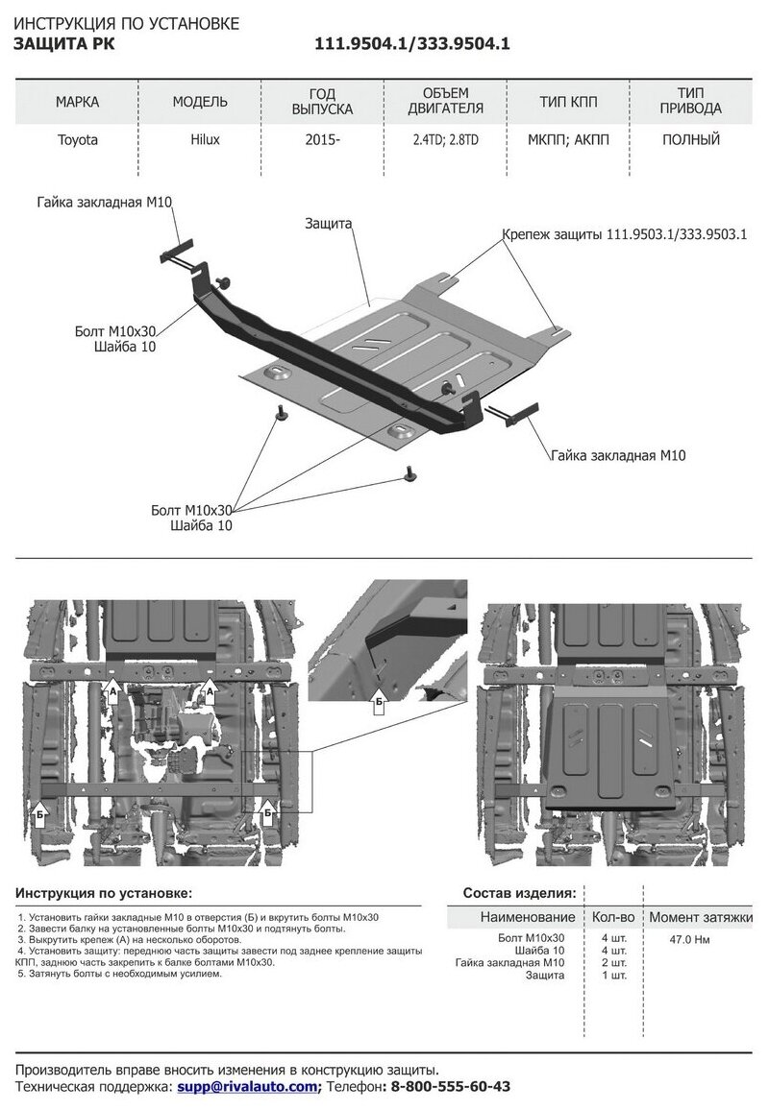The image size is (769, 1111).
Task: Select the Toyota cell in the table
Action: (77, 140)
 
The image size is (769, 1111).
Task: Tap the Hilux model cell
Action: (204, 140)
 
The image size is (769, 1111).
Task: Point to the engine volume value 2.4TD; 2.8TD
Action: (445, 140)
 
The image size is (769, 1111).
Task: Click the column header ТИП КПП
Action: (567, 102)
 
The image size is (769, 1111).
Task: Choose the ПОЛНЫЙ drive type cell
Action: (691, 140)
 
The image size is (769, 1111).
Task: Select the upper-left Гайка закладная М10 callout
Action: (105, 203)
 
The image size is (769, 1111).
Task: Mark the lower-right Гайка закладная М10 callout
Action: (618, 453)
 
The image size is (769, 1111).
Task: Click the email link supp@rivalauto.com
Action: (247, 1086)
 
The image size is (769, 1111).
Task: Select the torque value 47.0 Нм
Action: (690, 938)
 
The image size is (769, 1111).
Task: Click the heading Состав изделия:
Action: (520, 892)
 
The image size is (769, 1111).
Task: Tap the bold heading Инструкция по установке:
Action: (104, 892)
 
